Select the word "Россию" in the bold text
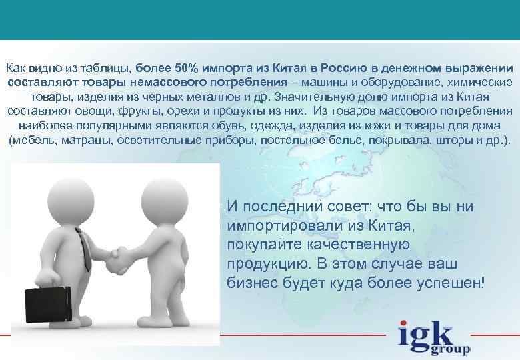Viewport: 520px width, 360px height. pyautogui.click(x=344, y=68)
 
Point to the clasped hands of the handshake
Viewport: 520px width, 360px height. pyautogui.click(x=119, y=257)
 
